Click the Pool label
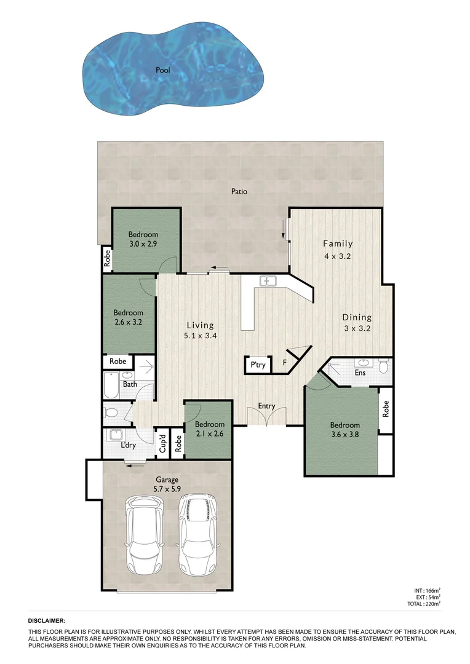[x=163, y=70]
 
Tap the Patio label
[x=239, y=191]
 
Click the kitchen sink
[x=268, y=282]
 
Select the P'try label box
[x=257, y=365]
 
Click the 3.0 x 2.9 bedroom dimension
[x=143, y=244]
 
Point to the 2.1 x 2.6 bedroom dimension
[x=210, y=434]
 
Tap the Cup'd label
[x=163, y=445]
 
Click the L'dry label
[x=128, y=445]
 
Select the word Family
[x=338, y=243]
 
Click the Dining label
[x=357, y=318]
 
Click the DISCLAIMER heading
[x=47, y=622]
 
